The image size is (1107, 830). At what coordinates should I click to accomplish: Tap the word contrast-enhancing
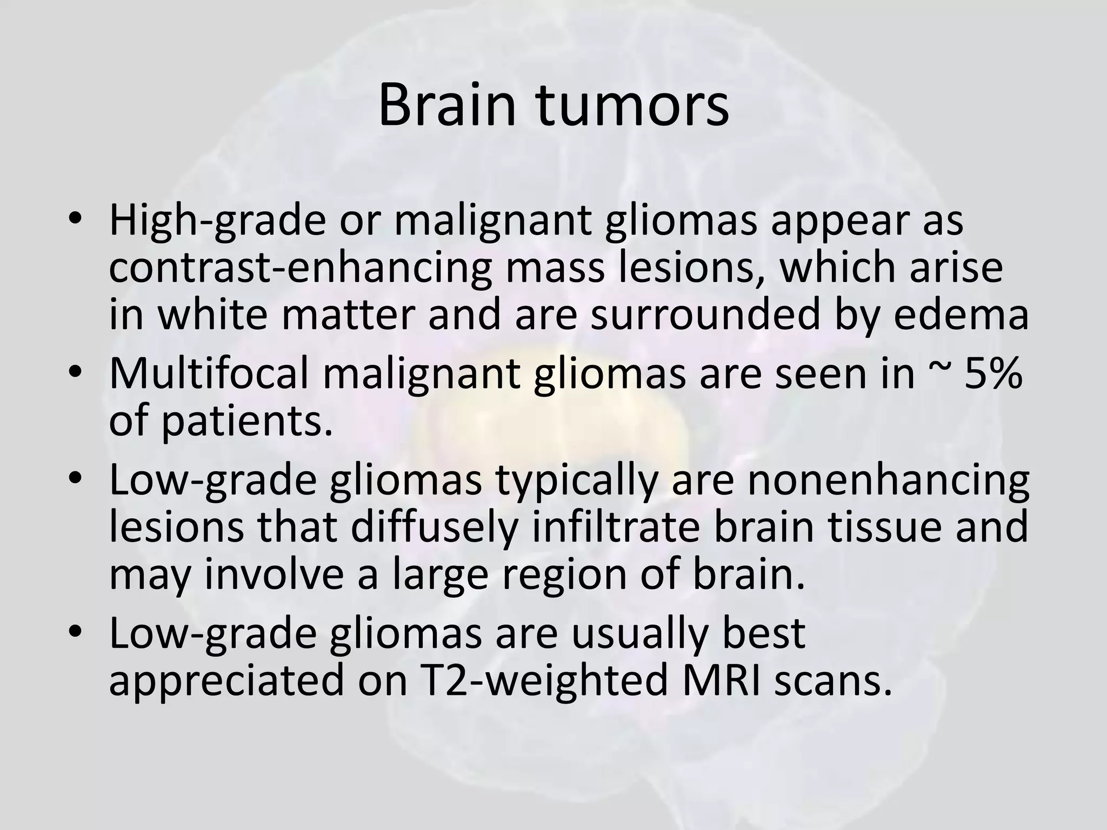tap(300, 269)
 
